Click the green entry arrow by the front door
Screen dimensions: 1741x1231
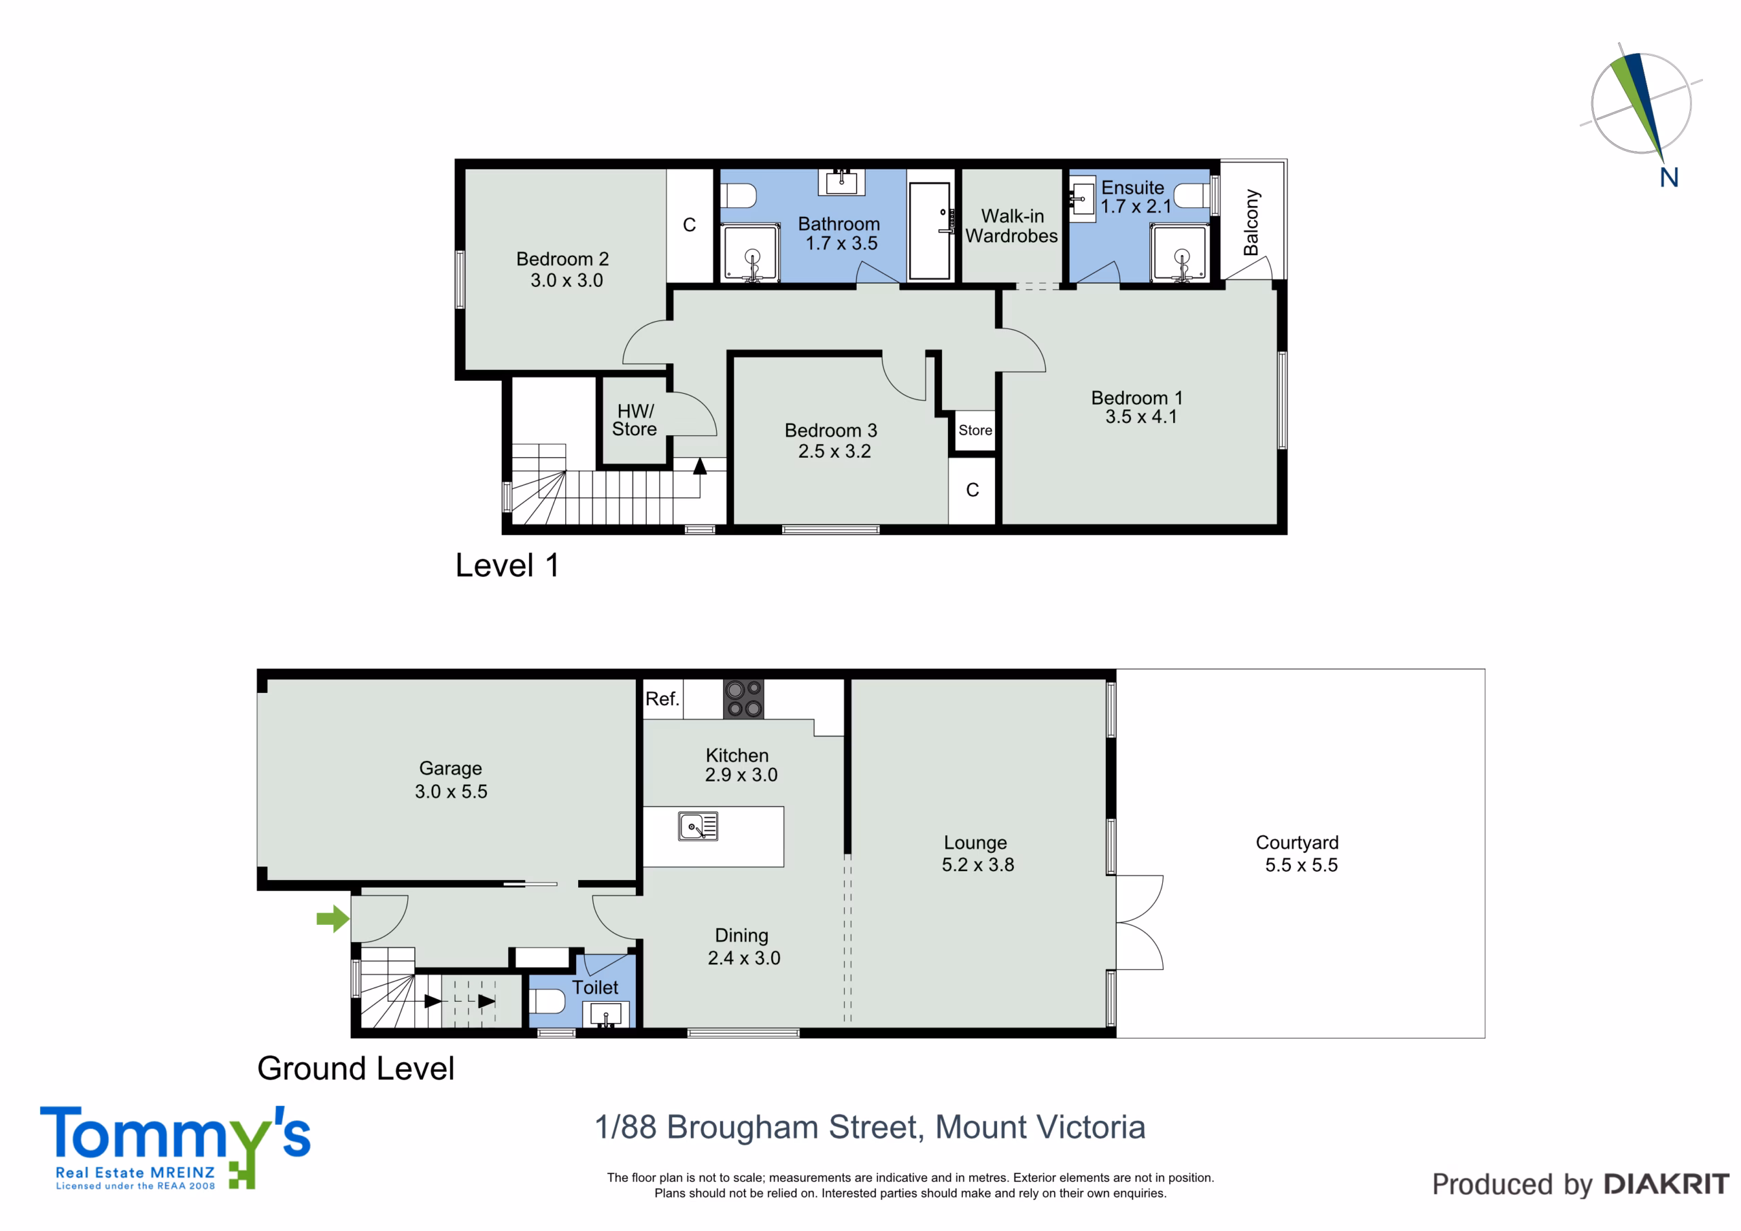333,920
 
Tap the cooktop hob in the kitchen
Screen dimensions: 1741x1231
743,698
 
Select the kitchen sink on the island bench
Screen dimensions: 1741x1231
698,826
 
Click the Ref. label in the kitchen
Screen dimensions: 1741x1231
662,698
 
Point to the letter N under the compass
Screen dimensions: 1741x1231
1669,178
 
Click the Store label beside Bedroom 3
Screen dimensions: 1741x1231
975,430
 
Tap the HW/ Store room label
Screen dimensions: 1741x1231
635,420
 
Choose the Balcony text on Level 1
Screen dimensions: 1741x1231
1251,222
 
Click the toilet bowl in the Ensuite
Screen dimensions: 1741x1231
1191,196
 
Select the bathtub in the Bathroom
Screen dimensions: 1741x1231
930,231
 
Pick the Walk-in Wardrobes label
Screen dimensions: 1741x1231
1011,226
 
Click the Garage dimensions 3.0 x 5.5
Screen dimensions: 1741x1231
451,791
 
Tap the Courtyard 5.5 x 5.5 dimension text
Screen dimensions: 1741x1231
1301,864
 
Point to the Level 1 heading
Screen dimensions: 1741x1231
507,565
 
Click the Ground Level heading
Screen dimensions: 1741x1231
356,1068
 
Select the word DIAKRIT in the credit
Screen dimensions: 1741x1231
1667,1184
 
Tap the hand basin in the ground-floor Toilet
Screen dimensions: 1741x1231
606,1014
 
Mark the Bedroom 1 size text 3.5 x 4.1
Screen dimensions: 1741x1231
1141,416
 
